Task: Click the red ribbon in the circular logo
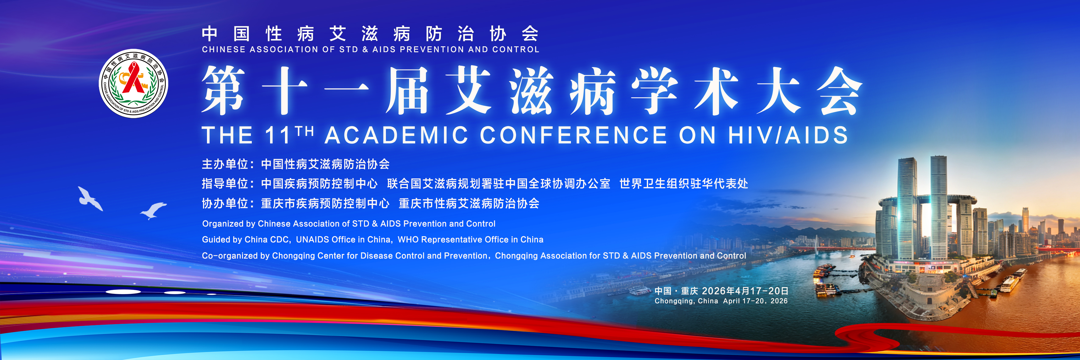[133, 78]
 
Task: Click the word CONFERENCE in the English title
[573, 135]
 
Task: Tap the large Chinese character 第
[223, 90]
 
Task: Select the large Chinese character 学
[654, 90]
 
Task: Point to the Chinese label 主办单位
[225, 164]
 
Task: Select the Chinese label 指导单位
[225, 184]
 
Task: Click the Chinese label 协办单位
[225, 204]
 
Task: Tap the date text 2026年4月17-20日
[745, 291]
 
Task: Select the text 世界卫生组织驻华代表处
[684, 184]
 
